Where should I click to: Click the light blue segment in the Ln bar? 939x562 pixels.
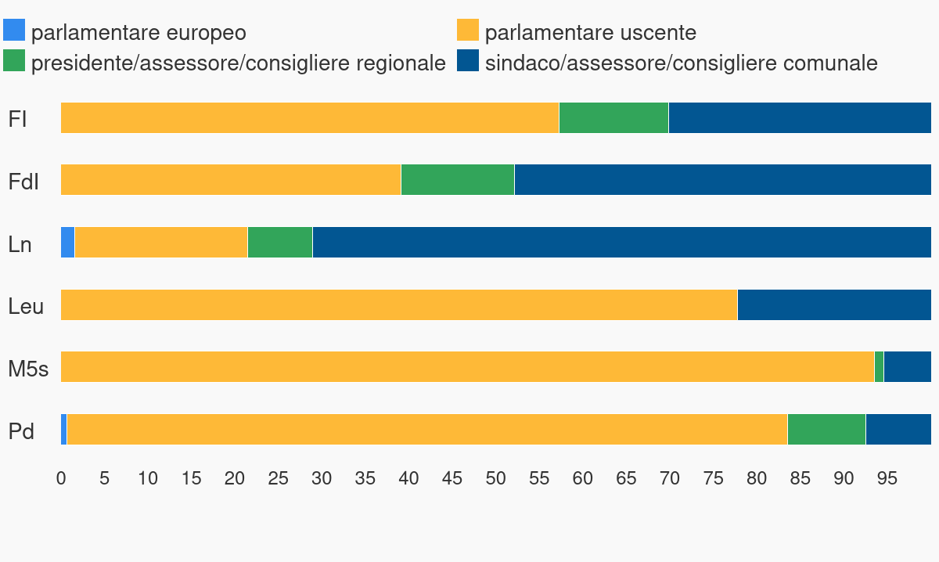pos(68,242)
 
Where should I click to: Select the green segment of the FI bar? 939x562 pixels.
pos(613,117)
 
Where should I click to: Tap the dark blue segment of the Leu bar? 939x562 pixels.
pos(834,304)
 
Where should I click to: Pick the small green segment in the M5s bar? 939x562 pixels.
pos(879,366)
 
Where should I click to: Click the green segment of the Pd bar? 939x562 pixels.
pos(826,429)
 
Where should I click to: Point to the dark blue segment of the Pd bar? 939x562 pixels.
pos(898,429)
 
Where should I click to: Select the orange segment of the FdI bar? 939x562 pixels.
pos(231,179)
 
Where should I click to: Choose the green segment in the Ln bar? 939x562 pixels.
pos(280,242)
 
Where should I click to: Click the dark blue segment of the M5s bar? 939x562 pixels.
pos(908,366)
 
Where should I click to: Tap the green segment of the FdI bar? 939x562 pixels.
pos(458,179)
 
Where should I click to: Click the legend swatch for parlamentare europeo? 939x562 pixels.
pos(14,31)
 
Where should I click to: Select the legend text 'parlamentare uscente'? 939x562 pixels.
pos(590,33)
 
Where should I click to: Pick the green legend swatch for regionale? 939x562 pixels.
pos(14,61)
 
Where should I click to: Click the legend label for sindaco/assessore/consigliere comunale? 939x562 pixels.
pos(681,63)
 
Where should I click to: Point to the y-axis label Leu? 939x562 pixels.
pos(26,306)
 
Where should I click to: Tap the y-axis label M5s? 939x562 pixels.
pos(28,369)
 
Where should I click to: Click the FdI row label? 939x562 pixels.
pos(23,182)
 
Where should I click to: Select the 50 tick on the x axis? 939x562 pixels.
pos(495,478)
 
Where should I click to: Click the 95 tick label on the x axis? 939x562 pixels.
pos(887,478)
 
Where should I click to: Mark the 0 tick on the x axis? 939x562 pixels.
pos(61,478)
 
